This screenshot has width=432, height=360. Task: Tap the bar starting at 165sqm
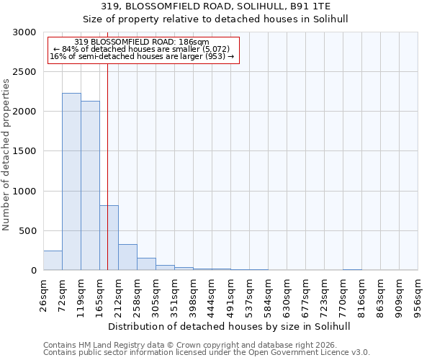point(109,238)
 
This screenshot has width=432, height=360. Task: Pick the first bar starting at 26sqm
point(53,261)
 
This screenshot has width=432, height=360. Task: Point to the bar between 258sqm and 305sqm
point(146,264)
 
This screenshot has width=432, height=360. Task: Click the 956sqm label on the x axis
point(418,294)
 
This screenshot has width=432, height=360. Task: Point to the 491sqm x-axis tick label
point(231,294)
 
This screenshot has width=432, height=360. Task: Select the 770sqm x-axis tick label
point(343,294)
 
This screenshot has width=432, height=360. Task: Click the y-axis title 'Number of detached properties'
point(6,156)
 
